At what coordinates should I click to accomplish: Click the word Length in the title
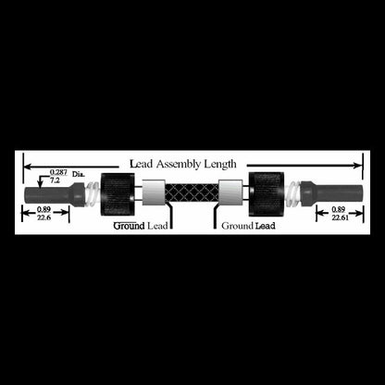pos(220,164)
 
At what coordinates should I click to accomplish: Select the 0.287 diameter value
pos(58,172)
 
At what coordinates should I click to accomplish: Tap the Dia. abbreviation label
pos(79,174)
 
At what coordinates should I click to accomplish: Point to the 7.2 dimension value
pos(55,180)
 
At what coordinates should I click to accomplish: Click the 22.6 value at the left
pos(44,217)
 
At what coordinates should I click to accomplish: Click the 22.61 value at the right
pos(341,217)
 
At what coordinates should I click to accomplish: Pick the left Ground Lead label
pos(141,226)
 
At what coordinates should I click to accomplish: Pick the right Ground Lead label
pos(248,226)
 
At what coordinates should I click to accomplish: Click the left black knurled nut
pos(118,194)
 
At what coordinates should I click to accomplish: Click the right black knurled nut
pos(267,194)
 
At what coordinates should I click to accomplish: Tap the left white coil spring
pos(93,193)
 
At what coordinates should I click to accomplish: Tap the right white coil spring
pos(292,193)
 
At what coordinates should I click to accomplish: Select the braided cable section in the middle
pos(192,192)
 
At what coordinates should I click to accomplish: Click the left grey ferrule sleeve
pos(154,192)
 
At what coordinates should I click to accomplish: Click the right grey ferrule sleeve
pos(230,192)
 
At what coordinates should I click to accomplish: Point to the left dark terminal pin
pos(54,194)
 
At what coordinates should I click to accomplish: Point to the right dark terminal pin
pos(331,193)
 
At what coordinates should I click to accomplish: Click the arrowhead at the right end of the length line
pos(358,166)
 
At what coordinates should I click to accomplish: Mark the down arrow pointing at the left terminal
pos(40,182)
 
